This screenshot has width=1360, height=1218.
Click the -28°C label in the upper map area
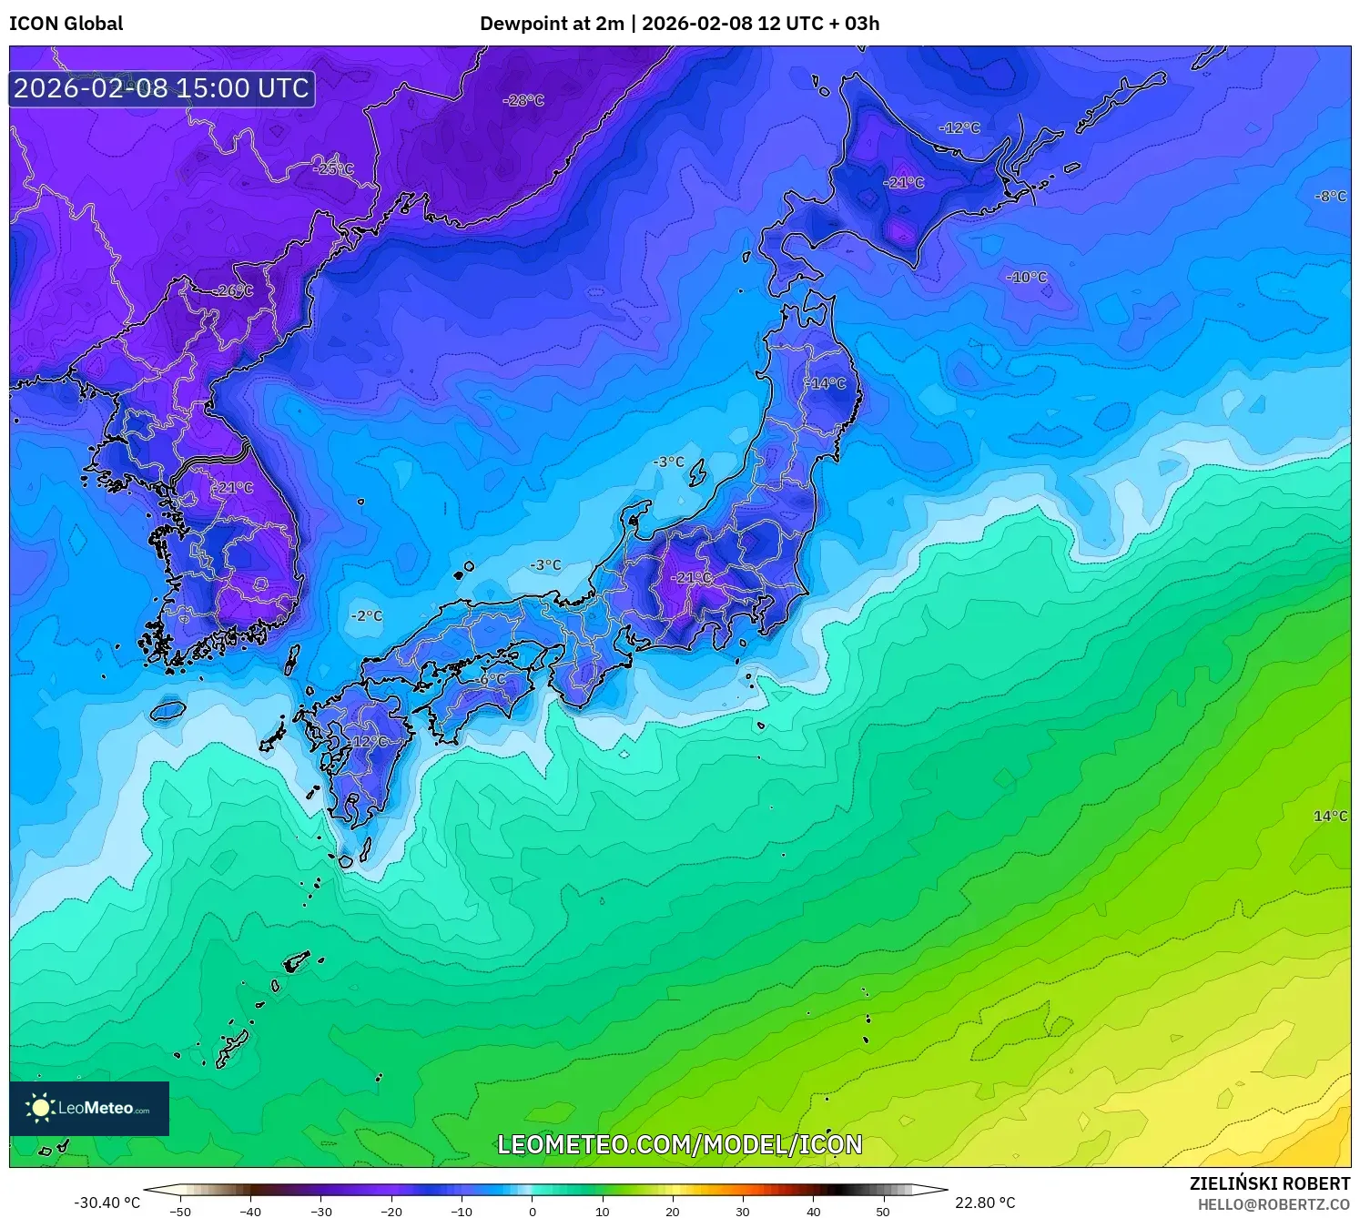click(523, 100)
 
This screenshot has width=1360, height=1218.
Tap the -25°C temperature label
click(333, 169)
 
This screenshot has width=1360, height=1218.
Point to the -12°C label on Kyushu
click(368, 741)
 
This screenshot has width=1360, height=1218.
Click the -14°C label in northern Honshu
click(826, 383)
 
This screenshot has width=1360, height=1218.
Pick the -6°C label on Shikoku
click(491, 679)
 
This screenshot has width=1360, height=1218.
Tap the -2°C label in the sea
click(367, 615)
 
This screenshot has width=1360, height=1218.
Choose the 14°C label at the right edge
click(1330, 816)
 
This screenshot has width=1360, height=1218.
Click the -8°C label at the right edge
click(1330, 196)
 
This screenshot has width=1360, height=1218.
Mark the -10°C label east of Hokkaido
click(1027, 277)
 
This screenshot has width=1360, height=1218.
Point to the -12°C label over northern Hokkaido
click(959, 127)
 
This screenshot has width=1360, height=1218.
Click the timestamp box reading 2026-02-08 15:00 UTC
click(162, 88)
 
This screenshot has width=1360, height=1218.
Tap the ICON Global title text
click(66, 24)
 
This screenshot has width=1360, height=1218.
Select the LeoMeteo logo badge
click(89, 1108)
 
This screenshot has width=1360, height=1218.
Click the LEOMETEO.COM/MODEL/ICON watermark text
click(679, 1144)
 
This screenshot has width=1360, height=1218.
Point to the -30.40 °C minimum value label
click(107, 1203)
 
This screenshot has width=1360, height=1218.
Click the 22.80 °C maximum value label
click(985, 1203)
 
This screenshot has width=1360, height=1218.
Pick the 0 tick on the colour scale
click(533, 1211)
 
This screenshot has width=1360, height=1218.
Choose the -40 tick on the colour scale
click(250, 1211)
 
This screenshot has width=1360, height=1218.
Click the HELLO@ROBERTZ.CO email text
click(1274, 1204)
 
